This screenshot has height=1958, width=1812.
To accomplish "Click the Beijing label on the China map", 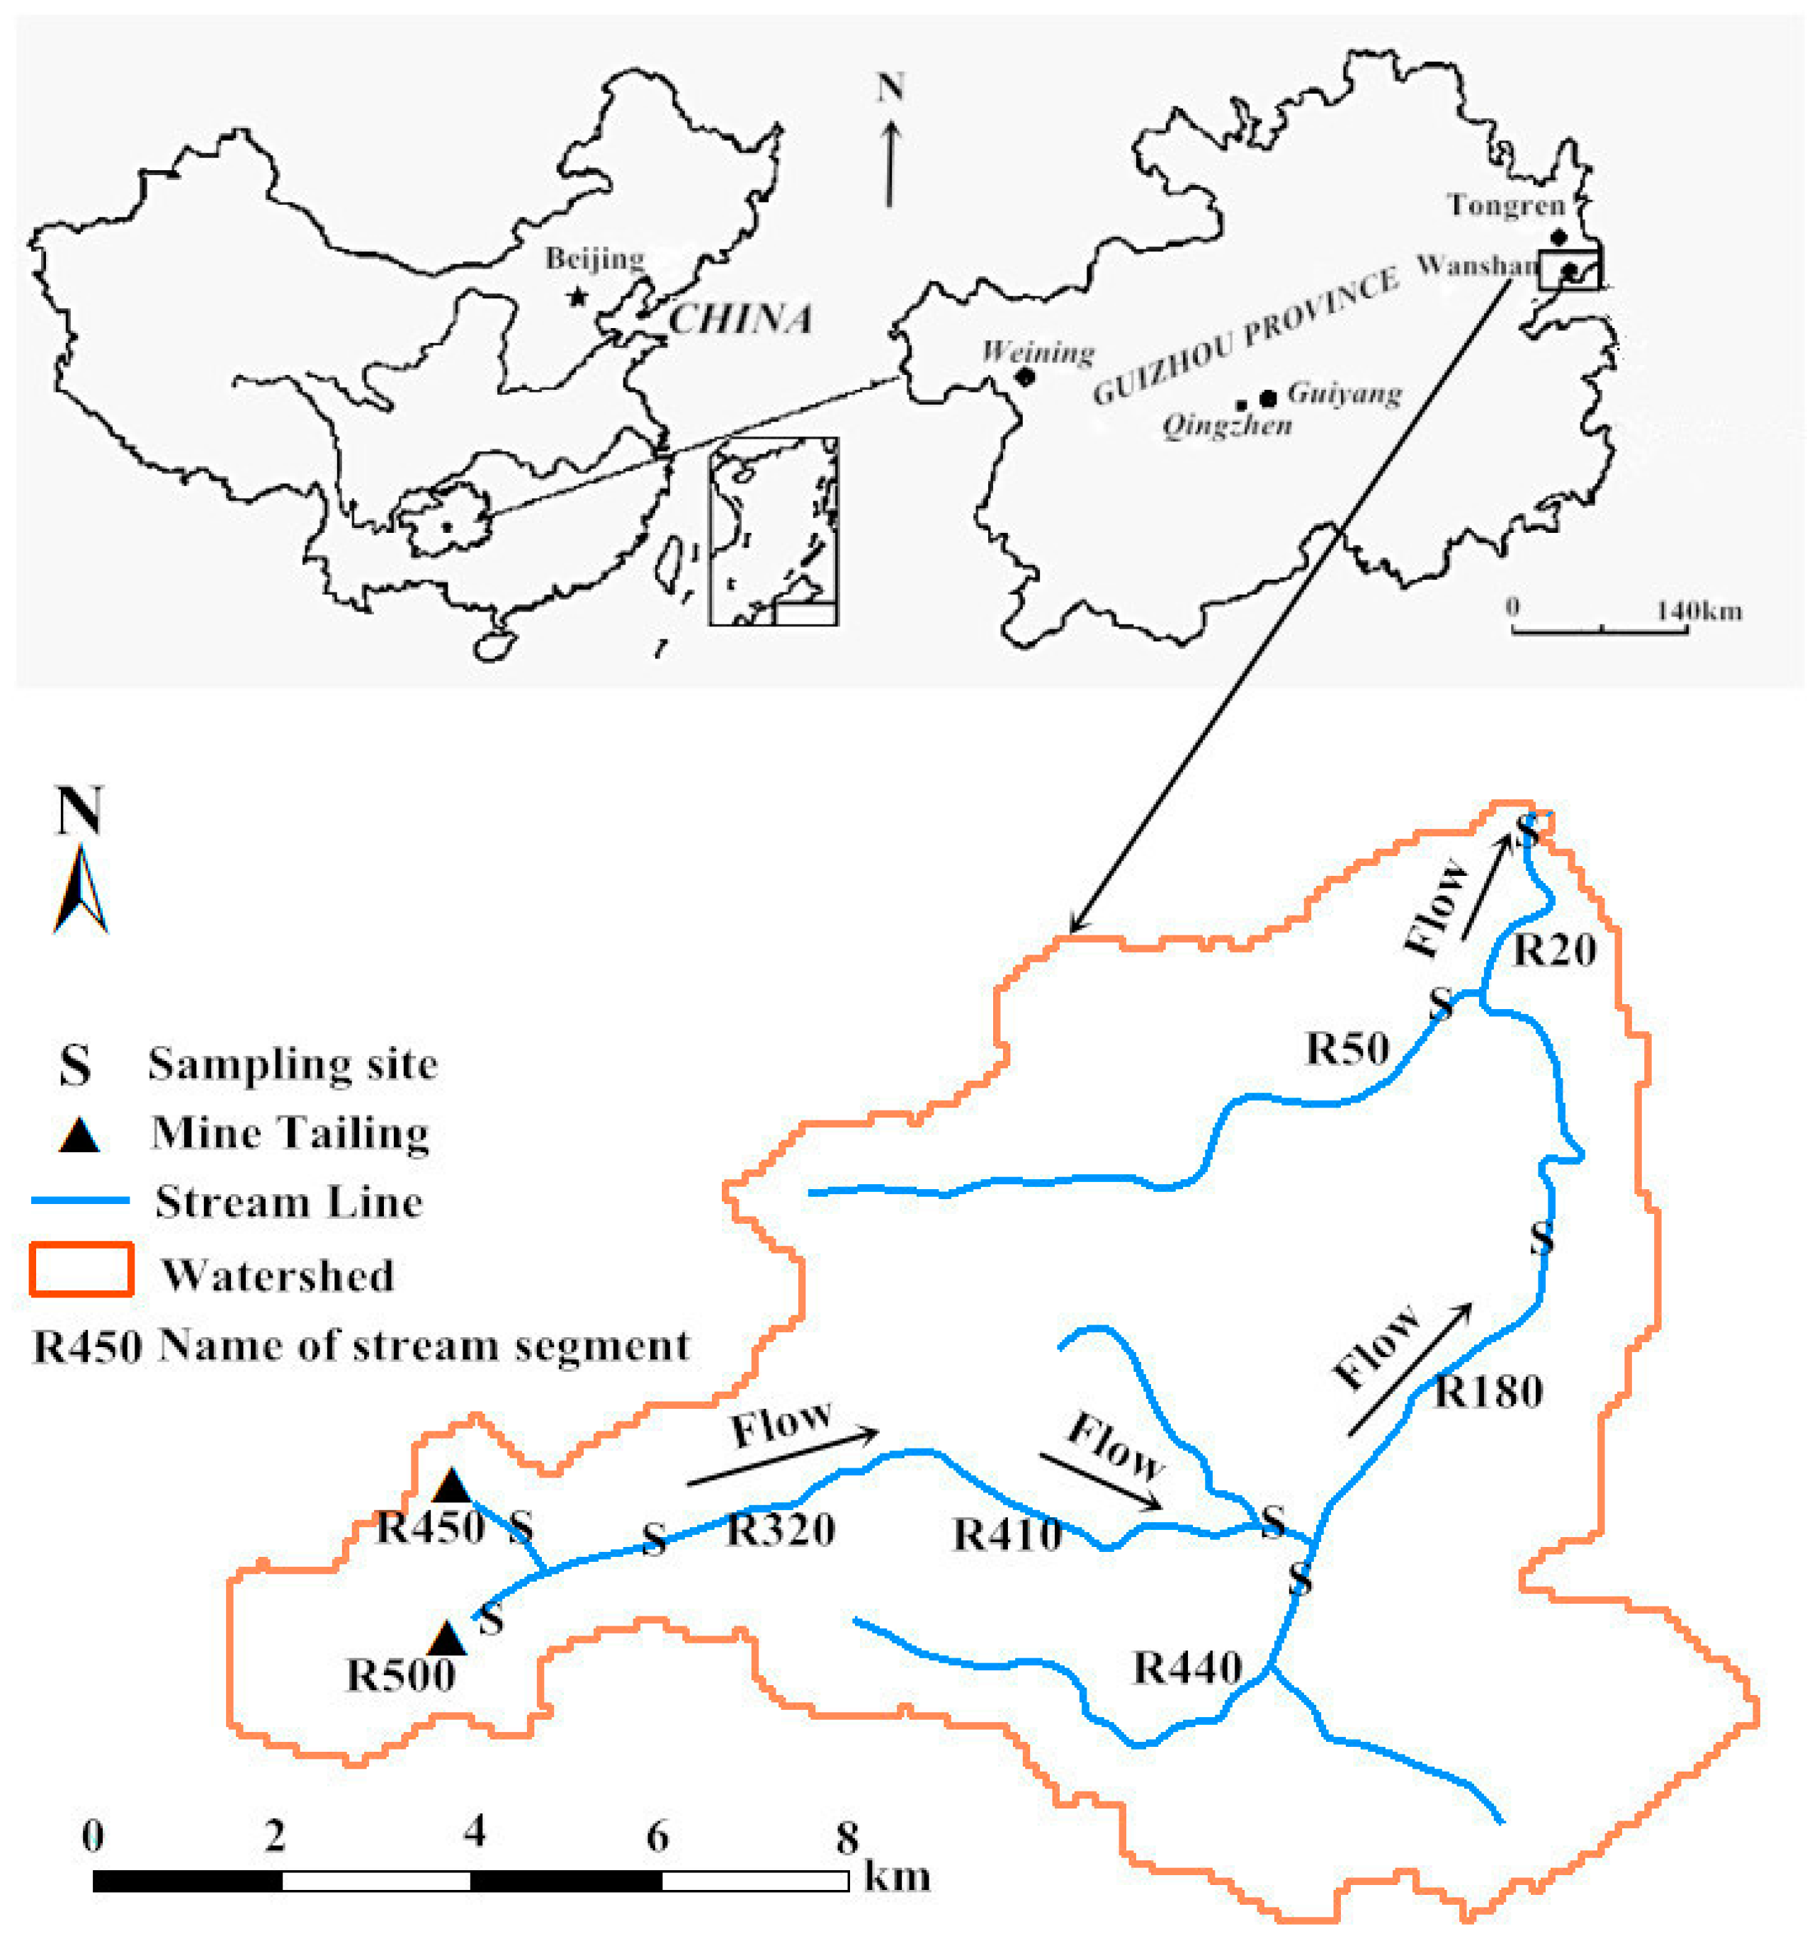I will tap(594, 258).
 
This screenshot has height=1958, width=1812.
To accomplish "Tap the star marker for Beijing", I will tap(577, 296).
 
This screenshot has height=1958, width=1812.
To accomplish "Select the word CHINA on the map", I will tap(740, 319).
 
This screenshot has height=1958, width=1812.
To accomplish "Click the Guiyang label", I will tap(1344, 393).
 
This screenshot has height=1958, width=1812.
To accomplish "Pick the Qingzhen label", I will tap(1227, 426).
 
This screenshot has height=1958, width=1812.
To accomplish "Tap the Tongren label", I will tap(1506, 205).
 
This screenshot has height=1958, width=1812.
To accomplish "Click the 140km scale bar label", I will tap(1699, 611).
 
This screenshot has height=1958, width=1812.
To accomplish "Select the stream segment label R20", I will tap(1554, 950).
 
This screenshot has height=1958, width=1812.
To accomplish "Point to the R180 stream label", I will tap(1488, 1391).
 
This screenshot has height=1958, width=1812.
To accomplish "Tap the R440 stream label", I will tap(1187, 1667).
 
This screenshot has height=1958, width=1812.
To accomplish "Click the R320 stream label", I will tap(781, 1529).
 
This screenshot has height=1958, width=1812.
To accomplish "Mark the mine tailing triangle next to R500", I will tap(447, 1639).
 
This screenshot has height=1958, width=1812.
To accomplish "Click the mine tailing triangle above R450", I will tap(452, 1486).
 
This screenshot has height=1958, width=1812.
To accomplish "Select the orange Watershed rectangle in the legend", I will tap(81, 1269).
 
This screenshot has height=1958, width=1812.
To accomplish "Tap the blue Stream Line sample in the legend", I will tap(81, 1200).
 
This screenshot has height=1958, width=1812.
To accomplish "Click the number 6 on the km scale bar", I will tap(657, 1835).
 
